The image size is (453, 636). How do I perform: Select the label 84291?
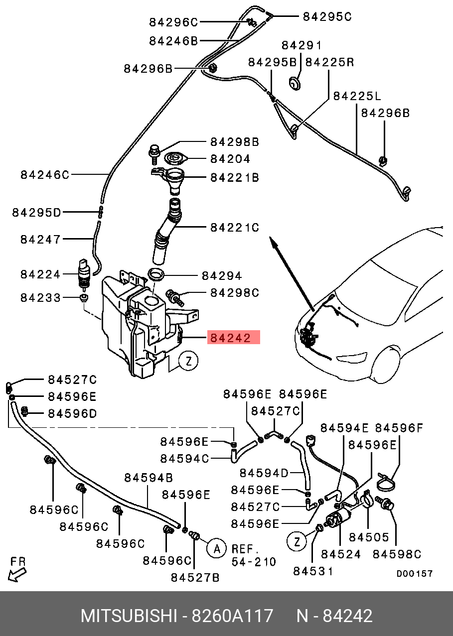(x=302, y=45)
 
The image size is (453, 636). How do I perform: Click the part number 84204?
(x=230, y=159)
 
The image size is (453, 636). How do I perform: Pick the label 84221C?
(x=234, y=228)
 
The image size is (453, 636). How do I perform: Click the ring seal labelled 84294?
(x=156, y=274)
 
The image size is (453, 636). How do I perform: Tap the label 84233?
(x=40, y=298)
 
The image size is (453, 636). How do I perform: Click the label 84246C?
(x=45, y=175)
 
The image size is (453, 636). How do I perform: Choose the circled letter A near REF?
(x=216, y=549)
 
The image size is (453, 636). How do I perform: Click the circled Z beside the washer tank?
(x=188, y=361)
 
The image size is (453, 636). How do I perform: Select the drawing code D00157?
(x=414, y=574)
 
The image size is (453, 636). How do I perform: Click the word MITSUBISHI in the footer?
(x=129, y=616)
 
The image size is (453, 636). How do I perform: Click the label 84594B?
(x=149, y=478)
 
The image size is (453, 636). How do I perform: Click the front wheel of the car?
(x=394, y=371)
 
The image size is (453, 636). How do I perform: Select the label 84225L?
(x=356, y=96)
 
